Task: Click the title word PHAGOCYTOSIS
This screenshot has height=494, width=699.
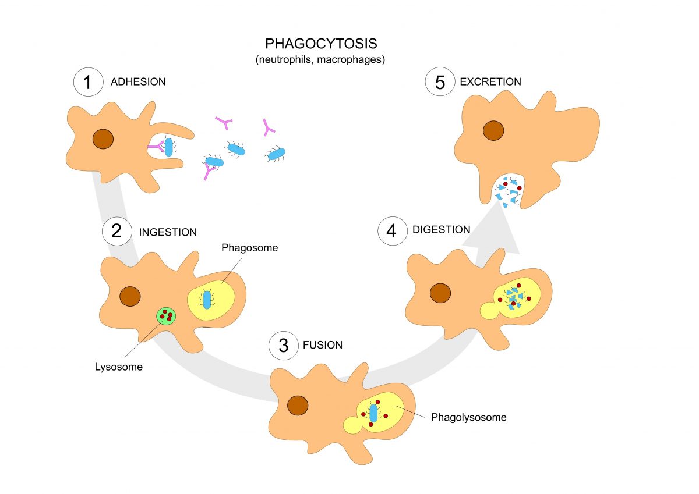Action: pyautogui.click(x=321, y=44)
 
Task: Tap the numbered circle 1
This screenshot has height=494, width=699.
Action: pyautogui.click(x=89, y=82)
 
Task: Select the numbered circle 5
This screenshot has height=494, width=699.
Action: pyautogui.click(x=440, y=81)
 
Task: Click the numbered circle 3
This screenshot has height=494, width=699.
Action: pyautogui.click(x=283, y=345)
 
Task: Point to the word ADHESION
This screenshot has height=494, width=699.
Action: pyautogui.click(x=138, y=81)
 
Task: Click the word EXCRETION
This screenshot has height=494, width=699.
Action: pyautogui.click(x=490, y=81)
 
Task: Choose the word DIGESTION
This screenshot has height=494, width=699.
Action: pyautogui.click(x=442, y=229)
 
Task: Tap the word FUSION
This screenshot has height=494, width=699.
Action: pyautogui.click(x=323, y=345)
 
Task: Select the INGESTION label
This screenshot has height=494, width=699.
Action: pyautogui.click(x=168, y=232)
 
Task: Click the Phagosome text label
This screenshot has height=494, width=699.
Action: pyautogui.click(x=250, y=248)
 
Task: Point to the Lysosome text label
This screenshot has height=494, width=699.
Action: pyautogui.click(x=119, y=367)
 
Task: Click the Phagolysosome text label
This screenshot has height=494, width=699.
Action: pyautogui.click(x=469, y=417)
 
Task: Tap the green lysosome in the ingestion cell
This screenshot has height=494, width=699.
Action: pyautogui.click(x=166, y=316)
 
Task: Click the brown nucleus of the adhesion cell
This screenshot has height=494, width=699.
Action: pyautogui.click(x=103, y=139)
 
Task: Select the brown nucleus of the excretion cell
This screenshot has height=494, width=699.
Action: pyautogui.click(x=493, y=130)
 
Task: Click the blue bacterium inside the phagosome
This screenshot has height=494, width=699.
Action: pyautogui.click(x=207, y=300)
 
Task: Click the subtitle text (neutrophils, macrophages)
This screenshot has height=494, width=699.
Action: pyautogui.click(x=320, y=59)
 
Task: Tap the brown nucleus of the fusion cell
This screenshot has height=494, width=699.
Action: pyautogui.click(x=298, y=406)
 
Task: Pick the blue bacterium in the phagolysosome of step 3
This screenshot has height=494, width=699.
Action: pyautogui.click(x=373, y=413)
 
